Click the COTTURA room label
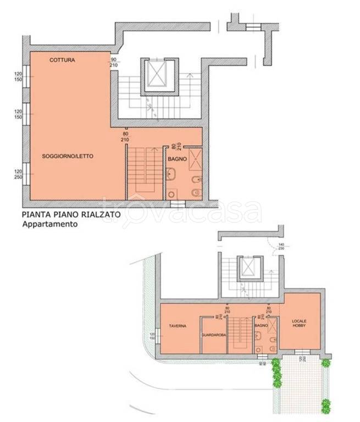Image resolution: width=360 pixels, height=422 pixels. click(62, 59)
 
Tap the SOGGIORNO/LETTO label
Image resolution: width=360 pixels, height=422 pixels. click(68, 157)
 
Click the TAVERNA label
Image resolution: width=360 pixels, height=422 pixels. click(178, 326)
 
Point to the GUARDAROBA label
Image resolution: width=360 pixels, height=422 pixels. click(211, 335)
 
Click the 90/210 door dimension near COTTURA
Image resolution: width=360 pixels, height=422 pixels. click(114, 62)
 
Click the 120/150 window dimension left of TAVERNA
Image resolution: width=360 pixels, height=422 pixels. click(151, 337)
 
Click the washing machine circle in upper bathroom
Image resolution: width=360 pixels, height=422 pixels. click(171, 193)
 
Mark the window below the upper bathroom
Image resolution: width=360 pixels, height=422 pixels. click(178, 203)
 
